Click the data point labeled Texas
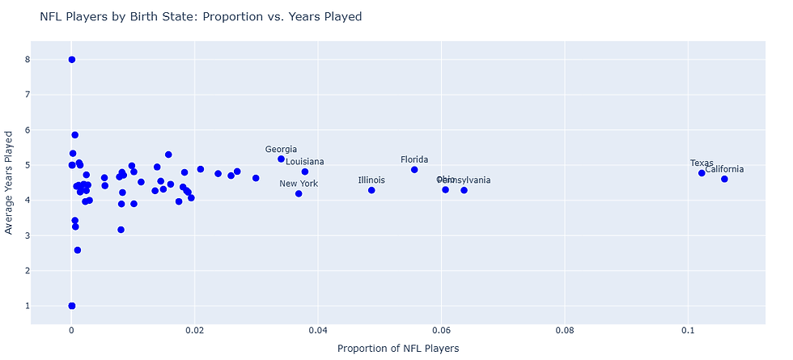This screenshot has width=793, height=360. (x=702, y=173)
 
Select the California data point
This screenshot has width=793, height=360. (x=724, y=179)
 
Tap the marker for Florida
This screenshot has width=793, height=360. (x=414, y=170)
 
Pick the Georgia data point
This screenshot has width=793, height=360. (x=281, y=159)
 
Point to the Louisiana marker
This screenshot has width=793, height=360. (x=305, y=172)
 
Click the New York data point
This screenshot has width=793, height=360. (x=299, y=193)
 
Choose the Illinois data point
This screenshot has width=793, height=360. (x=371, y=190)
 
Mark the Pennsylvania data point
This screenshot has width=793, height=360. (x=464, y=190)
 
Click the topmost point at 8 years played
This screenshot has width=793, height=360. (x=72, y=60)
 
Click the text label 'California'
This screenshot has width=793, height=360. (x=724, y=169)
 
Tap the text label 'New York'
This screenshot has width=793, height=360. (x=299, y=184)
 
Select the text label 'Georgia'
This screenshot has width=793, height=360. (x=281, y=150)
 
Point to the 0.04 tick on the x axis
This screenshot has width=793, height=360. (x=318, y=331)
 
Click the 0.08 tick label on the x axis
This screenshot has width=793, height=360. (x=565, y=331)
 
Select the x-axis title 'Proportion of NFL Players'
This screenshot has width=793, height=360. (x=397, y=348)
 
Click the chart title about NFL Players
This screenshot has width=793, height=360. (x=201, y=16)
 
